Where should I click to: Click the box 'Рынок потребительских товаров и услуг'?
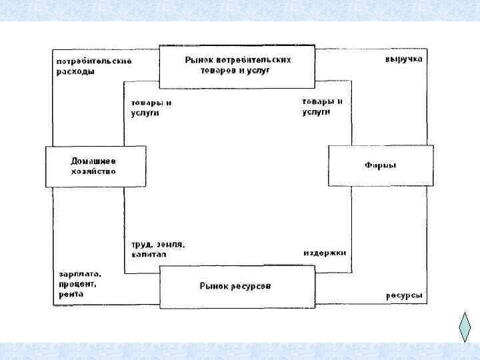237,66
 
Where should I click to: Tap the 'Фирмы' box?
381,165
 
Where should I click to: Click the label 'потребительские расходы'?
93,67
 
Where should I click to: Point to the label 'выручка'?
403,59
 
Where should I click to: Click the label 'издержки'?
325,253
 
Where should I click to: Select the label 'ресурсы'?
404,295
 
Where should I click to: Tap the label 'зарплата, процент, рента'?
78,283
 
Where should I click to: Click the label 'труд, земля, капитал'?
157,249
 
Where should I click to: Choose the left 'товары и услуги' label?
151,108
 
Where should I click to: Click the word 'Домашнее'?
93,161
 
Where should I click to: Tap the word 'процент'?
77,284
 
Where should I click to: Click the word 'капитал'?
149,255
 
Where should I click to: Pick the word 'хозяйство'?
93,171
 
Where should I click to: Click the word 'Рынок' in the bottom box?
215,287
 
